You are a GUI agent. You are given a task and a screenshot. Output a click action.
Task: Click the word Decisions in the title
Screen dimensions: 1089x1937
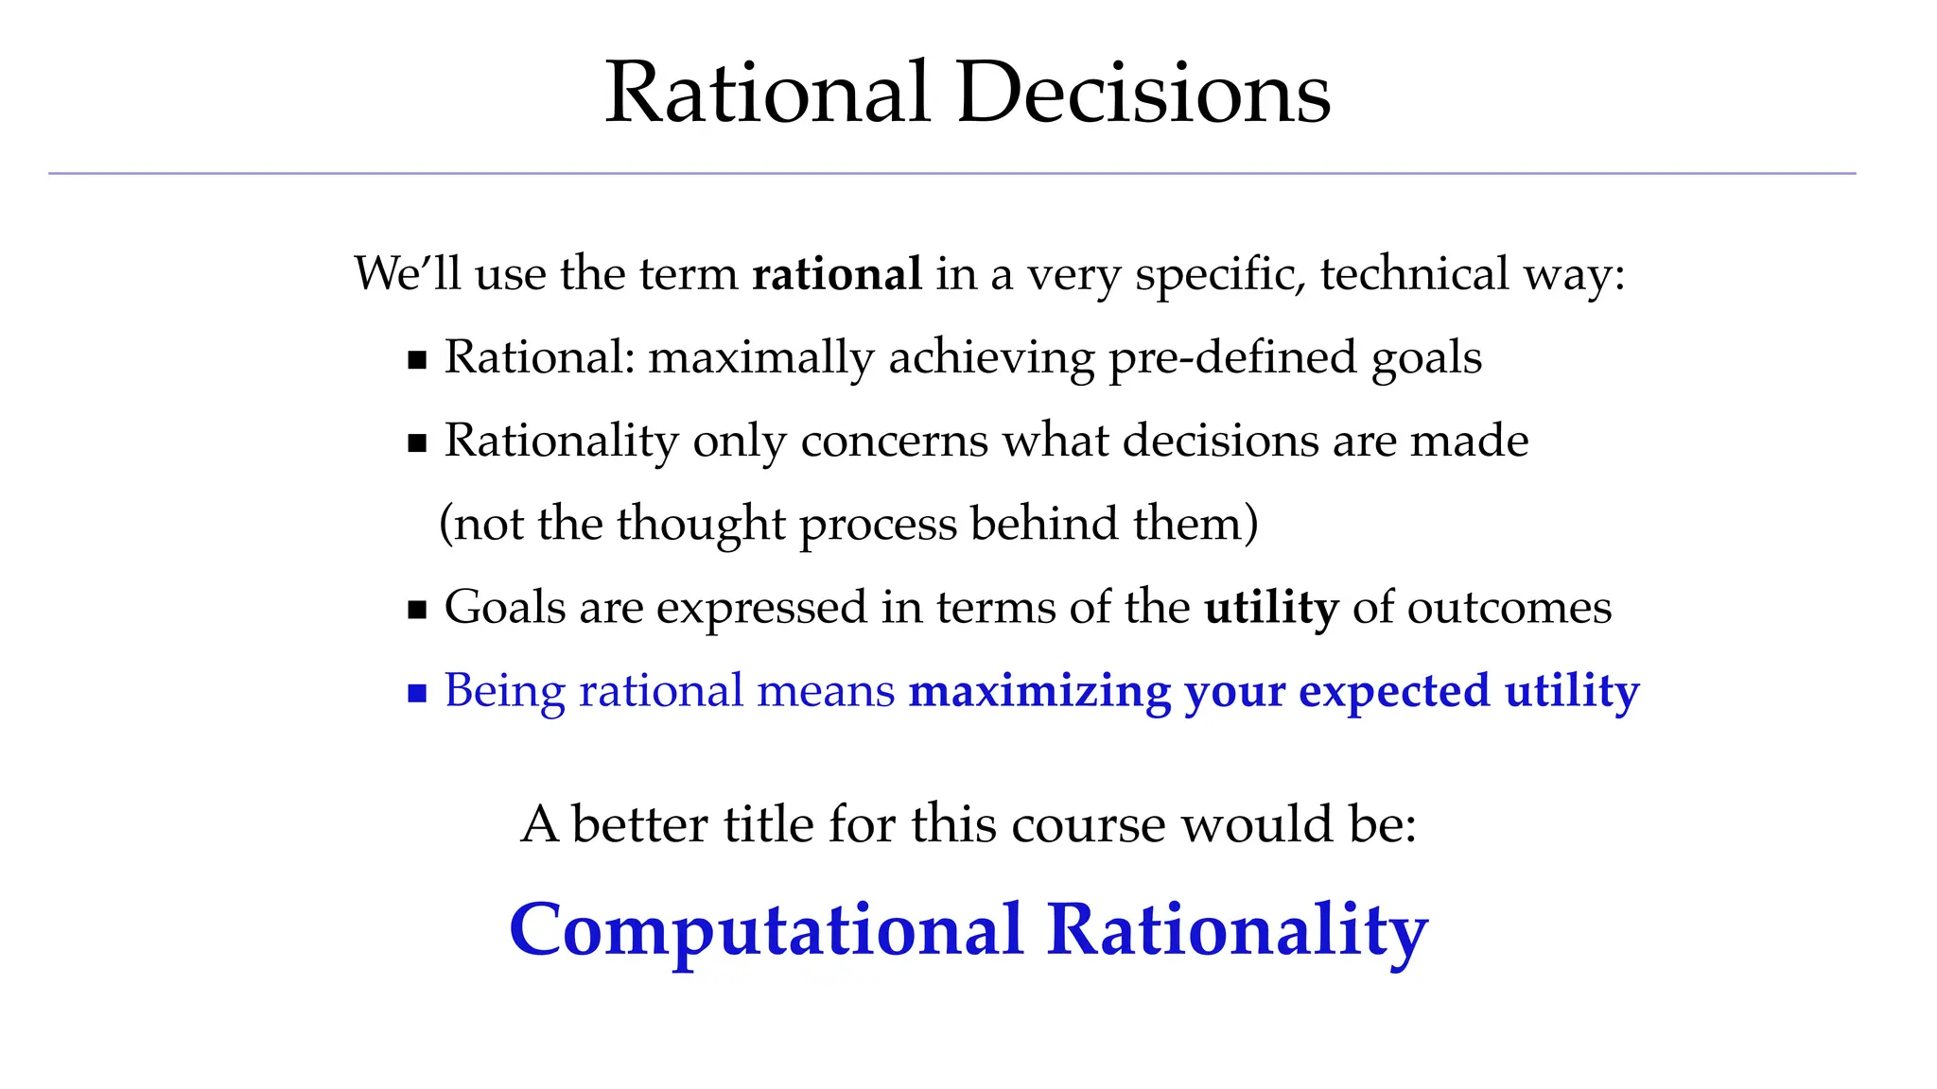[x=1143, y=93]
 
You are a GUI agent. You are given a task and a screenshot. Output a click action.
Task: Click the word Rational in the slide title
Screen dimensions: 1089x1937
[x=767, y=93]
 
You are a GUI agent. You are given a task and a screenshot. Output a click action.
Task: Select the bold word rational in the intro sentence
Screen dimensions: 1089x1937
[x=836, y=274]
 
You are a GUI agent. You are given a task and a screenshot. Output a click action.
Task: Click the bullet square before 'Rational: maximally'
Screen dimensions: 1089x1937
[x=417, y=360]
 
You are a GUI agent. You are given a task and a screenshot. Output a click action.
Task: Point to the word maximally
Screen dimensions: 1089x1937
[x=760, y=358]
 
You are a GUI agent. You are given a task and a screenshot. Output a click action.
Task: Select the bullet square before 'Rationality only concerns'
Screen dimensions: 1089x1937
[x=417, y=443]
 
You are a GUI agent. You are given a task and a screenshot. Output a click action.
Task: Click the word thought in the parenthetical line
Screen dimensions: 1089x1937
[x=701, y=524]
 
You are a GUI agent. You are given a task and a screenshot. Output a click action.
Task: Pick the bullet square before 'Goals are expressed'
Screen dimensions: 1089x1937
[x=417, y=610]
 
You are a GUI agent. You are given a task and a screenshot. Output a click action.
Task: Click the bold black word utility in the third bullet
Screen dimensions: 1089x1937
[x=1270, y=607]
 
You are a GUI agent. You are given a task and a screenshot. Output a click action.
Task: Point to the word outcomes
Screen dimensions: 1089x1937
[x=1509, y=607]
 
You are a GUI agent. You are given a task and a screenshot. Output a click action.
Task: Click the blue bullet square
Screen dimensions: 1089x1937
[x=417, y=694]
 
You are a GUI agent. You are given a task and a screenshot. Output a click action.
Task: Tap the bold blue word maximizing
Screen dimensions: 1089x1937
[x=1039, y=691]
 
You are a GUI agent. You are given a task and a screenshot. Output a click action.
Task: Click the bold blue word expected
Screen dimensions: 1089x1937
[x=1393, y=691]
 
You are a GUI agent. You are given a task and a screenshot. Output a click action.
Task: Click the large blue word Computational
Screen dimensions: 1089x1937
[x=766, y=930]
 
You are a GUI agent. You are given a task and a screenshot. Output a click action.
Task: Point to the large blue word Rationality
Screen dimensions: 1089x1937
[x=1237, y=930]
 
